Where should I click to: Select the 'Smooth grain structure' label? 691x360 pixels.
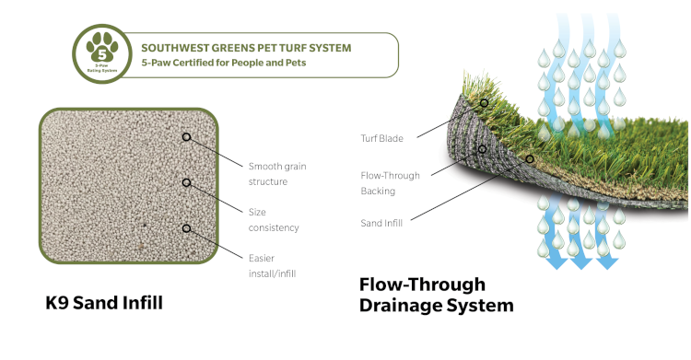click(x=276, y=173)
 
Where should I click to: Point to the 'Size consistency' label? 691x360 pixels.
click(x=274, y=219)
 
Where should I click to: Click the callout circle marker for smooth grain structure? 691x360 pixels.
click(x=187, y=137)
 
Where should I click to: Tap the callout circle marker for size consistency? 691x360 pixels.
click(x=187, y=182)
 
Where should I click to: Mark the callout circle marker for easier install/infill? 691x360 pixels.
click(x=187, y=227)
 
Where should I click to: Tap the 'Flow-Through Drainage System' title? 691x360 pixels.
click(x=435, y=294)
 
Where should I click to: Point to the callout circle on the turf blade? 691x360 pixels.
click(x=484, y=103)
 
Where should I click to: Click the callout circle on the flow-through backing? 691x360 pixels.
click(x=481, y=148)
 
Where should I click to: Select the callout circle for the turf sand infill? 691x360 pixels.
click(x=530, y=159)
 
